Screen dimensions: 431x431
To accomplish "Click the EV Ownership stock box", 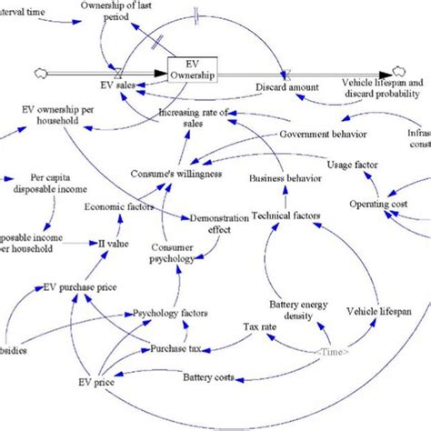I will pos(192,71).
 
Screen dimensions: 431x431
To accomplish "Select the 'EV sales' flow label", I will pos(117,85).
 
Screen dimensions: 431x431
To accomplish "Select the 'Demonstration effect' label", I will pos(211,225).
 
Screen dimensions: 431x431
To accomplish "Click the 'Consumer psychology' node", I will pos(172,252).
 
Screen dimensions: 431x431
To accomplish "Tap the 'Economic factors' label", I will pos(119,206).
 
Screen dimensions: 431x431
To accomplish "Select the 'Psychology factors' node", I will pos(170,314).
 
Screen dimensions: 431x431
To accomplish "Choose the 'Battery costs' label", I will pos(210,376).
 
